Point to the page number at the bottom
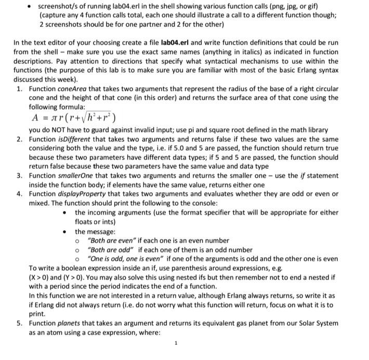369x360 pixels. click(176, 343)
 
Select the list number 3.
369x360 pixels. click(19, 176)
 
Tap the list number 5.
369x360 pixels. click(19, 323)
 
